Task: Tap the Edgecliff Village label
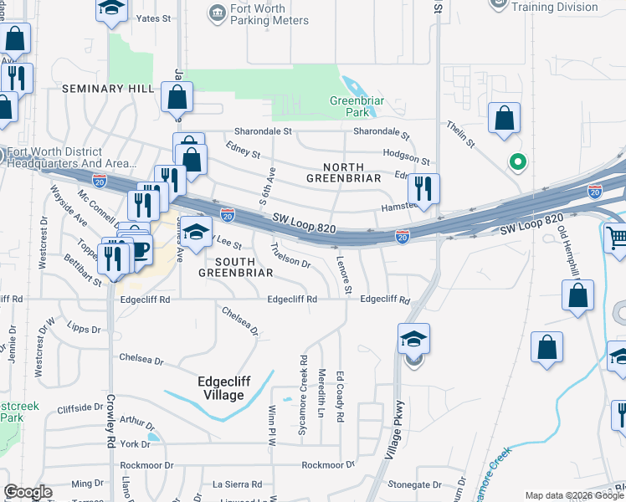point(220,388)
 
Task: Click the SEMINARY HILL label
point(105,89)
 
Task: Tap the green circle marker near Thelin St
point(518,162)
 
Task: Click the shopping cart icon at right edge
point(616,239)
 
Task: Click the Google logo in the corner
point(28,492)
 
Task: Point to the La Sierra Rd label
point(237,484)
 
